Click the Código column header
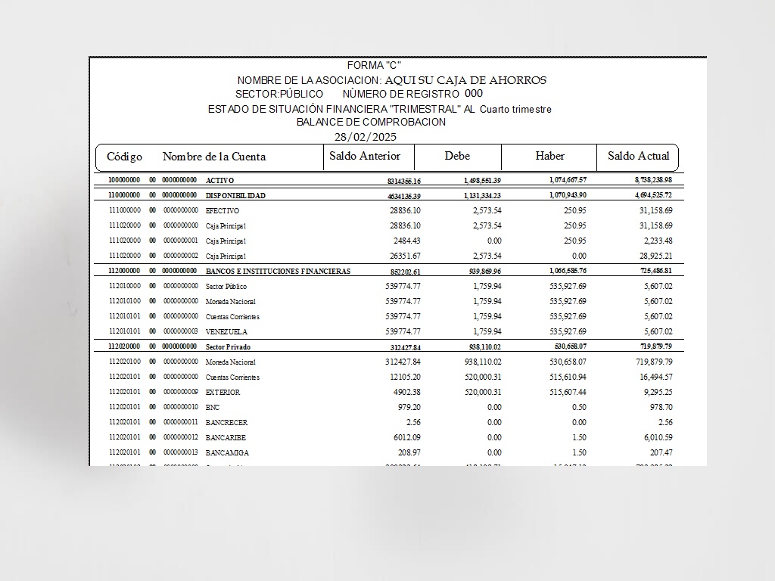124,157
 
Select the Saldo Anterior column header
370,156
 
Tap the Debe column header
457,156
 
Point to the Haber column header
549,156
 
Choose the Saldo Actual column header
638,156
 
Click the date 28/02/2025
365,137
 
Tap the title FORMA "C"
374,66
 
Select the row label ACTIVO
219,181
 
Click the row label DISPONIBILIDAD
235,196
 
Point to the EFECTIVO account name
222,211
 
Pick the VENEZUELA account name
226,332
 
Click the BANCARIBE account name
226,438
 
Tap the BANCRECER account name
226,423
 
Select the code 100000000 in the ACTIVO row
123,181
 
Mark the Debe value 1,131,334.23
472,195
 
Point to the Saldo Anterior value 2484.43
403,241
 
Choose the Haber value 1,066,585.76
557,271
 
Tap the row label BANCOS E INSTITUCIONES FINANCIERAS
278,272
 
